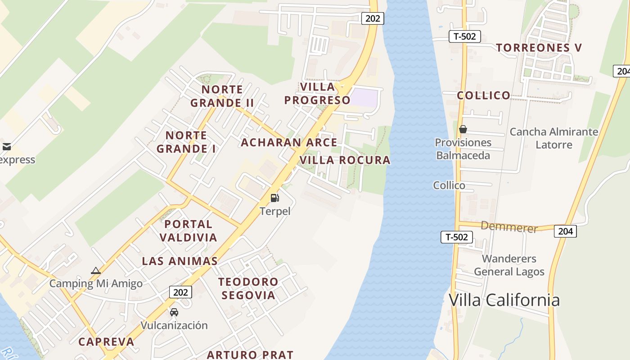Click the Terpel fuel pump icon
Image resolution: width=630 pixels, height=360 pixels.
tap(274, 198)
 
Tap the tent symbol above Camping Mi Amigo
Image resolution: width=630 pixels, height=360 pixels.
tap(95, 270)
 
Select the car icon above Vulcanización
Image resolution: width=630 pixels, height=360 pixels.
tap(174, 312)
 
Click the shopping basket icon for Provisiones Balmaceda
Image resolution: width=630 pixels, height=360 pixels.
tap(463, 130)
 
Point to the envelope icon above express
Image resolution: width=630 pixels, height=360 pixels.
tap(7, 146)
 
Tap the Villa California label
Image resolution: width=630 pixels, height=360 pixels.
tap(504, 300)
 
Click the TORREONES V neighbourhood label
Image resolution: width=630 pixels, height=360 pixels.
tap(539, 48)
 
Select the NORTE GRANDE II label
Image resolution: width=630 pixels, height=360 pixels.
tap(222, 96)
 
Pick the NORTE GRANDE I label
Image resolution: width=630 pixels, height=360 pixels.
tap(186, 142)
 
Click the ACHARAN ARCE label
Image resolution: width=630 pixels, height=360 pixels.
tap(289, 143)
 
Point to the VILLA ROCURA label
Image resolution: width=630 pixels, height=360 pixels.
tap(345, 160)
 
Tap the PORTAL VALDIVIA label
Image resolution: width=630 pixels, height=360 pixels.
tap(191, 230)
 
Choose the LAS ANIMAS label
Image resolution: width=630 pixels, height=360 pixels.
tap(180, 261)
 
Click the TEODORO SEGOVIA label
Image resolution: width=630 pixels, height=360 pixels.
tap(248, 288)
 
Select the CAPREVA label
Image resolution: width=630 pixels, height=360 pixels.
tap(106, 342)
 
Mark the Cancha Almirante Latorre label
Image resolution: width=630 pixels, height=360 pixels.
tap(553, 138)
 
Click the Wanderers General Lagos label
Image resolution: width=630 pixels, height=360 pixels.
tap(509, 265)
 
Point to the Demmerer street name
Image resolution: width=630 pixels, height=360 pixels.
tap(509, 227)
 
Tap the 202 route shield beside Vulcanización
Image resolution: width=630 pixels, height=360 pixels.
tap(181, 292)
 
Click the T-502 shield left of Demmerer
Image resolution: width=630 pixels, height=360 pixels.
tap(456, 237)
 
